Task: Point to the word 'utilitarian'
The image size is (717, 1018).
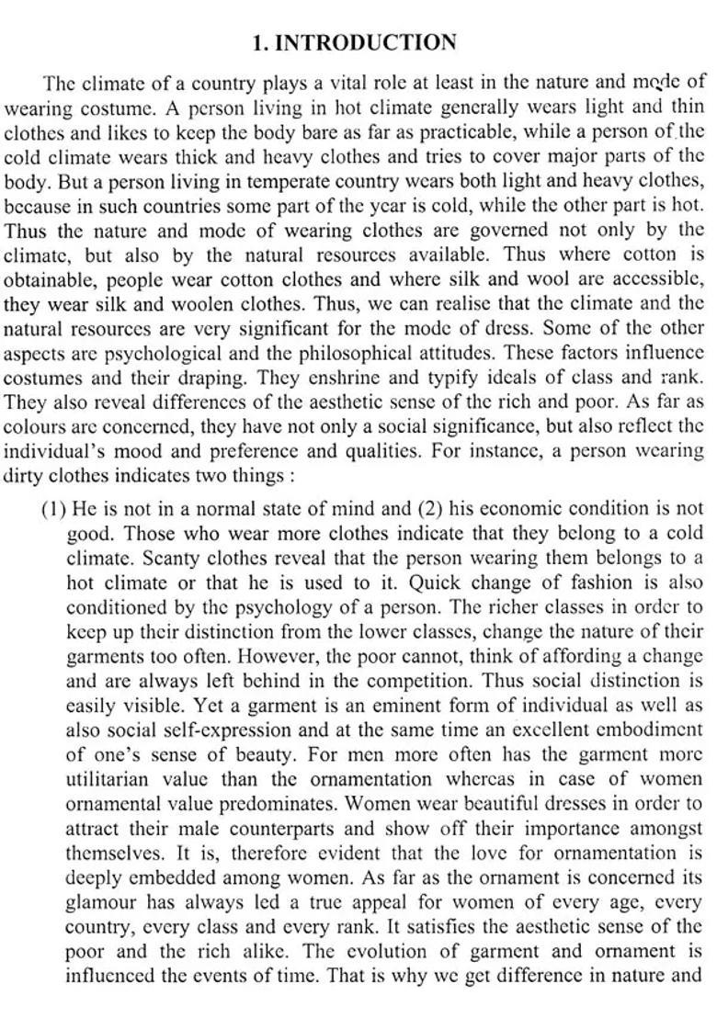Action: point(108,780)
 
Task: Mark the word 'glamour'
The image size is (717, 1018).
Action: point(102,903)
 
